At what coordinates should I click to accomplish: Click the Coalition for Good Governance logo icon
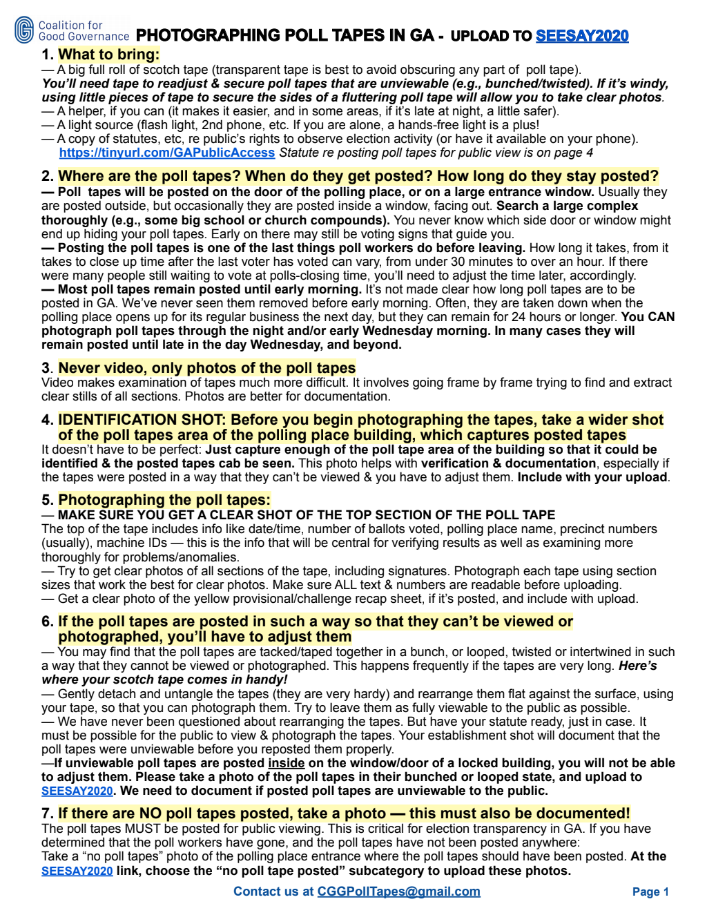coord(24,30)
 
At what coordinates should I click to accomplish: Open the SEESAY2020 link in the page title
coord(582,36)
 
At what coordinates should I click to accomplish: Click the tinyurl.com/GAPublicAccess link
coord(167,153)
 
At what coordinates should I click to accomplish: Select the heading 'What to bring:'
coord(108,55)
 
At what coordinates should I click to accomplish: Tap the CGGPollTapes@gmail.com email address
coord(398,892)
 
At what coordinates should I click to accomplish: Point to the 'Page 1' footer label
coord(650,892)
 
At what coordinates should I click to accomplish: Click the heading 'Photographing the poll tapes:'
coord(164,500)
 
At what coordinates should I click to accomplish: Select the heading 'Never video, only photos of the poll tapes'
coord(206,368)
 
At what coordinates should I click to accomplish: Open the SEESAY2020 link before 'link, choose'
coord(77,871)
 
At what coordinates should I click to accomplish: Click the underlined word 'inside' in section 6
coord(286,763)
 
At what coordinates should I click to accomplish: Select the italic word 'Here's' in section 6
coord(637,666)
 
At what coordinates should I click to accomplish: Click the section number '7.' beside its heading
coord(48,813)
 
